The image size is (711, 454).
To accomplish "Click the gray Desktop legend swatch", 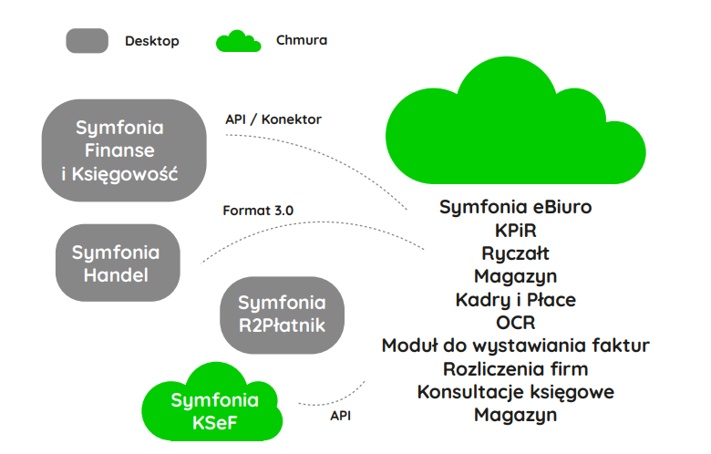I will (x=88, y=41).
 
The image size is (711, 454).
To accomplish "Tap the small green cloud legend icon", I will (x=240, y=41).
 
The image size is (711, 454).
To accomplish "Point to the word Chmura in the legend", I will (x=302, y=41).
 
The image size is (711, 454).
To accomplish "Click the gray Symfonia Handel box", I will (x=116, y=262).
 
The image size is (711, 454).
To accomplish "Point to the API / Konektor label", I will (x=273, y=119).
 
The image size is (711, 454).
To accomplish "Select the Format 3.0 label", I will (x=258, y=211).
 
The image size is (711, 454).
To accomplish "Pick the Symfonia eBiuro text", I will (x=515, y=207).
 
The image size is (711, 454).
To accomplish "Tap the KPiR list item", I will (x=515, y=230).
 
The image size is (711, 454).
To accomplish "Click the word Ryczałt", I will (x=515, y=253).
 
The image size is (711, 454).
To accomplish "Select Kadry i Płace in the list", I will (x=515, y=299).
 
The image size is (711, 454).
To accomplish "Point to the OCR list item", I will (x=515, y=322).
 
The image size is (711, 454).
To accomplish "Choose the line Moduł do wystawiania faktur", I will (x=515, y=346).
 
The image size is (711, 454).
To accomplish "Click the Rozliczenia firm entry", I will (x=515, y=369).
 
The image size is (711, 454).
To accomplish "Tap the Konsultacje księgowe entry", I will (x=515, y=392).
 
